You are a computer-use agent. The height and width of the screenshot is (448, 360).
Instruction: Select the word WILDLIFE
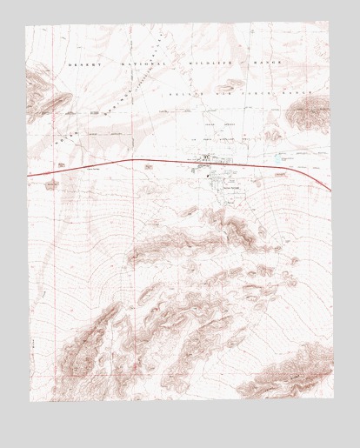202,65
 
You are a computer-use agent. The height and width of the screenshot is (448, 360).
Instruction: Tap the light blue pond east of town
280,158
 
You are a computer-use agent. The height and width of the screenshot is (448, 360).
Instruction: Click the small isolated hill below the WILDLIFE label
231,84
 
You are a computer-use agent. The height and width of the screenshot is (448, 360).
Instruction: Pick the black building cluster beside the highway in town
206,158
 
